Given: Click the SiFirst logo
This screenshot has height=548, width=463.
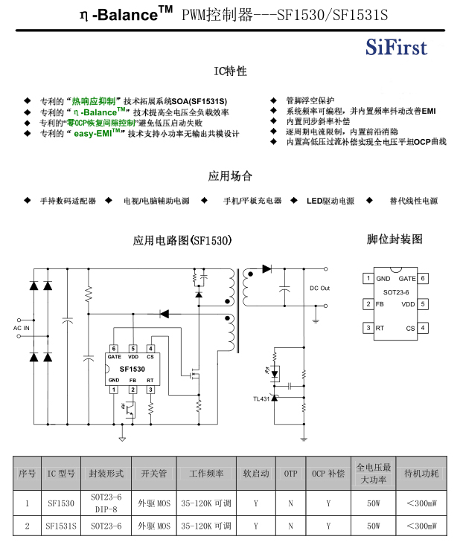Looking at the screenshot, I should coord(396,48).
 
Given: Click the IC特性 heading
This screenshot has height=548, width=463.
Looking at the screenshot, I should coord(230,71).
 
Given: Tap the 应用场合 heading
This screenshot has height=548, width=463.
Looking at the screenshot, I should coord(230,176).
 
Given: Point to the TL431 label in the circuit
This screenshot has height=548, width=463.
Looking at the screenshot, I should coord(261,399).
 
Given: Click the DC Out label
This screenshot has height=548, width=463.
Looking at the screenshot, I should coord(319,288).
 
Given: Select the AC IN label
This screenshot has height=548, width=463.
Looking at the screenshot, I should coord(22,328).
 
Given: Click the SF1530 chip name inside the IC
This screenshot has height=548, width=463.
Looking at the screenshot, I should coord(132,368).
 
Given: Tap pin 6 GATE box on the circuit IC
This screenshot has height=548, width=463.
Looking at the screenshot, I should coord(114,348).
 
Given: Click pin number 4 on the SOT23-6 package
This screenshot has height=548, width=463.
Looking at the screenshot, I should coord(423,327).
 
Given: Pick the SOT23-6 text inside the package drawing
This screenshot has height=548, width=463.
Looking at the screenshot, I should coord(395,291).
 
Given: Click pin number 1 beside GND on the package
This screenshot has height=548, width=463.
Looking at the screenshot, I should coord(367,279).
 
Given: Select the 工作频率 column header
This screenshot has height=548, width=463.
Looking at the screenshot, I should coord(206,473).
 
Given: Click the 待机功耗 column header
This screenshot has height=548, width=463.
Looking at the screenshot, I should coord(421,473).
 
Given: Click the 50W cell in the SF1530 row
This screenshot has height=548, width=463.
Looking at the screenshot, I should coord(374,503).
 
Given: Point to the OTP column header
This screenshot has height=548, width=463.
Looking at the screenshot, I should coord(290,473).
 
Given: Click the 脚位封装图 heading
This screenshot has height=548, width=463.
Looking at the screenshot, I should coord(395,239).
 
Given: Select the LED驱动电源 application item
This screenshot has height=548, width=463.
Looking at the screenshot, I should coord(330,201).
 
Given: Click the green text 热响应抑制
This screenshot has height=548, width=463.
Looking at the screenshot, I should coord(93,100).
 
